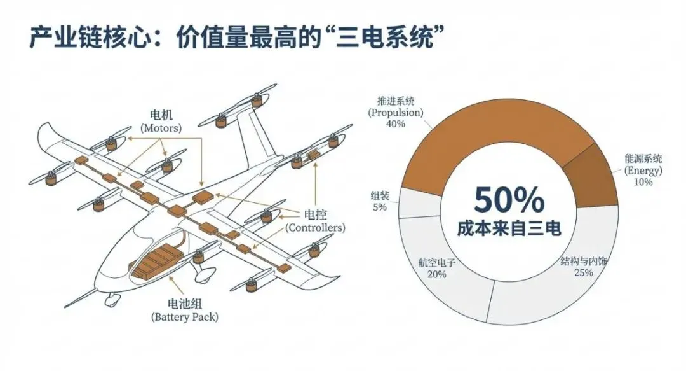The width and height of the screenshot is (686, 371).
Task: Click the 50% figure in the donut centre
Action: [509, 201]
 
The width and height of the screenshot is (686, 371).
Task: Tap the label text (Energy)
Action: [643, 171]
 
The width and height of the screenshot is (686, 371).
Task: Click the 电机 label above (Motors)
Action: [160, 116]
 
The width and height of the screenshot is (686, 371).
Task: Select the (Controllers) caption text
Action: [315, 227]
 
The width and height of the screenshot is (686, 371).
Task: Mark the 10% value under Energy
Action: [643, 182]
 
